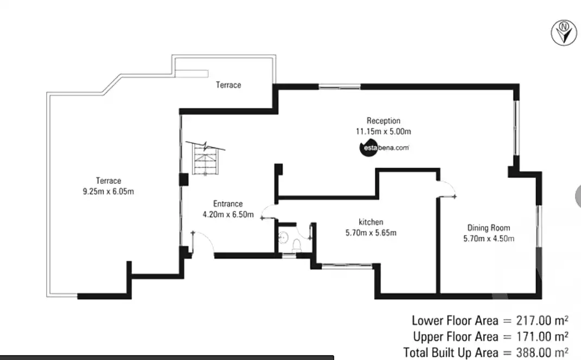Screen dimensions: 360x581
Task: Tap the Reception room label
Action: coord(383,121)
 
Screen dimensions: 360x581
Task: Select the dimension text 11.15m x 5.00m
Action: coord(383,131)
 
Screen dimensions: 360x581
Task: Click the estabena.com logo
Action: coord(384,147)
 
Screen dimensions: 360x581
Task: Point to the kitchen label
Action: coord(371,222)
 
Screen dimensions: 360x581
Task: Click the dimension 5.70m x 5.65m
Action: coord(371,233)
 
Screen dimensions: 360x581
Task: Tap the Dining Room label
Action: coord(488,228)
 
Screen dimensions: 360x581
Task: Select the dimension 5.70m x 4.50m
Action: coord(488,239)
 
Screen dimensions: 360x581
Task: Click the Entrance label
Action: coord(228,204)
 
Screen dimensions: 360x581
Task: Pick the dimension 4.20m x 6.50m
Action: coord(228,214)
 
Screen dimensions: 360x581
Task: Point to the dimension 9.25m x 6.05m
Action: coord(108,191)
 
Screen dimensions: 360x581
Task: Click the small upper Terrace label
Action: coord(228,85)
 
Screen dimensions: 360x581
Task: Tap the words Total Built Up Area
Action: coord(448,352)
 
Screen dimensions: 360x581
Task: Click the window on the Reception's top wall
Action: coord(340,86)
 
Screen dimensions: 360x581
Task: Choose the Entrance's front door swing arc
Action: coord(205,242)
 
